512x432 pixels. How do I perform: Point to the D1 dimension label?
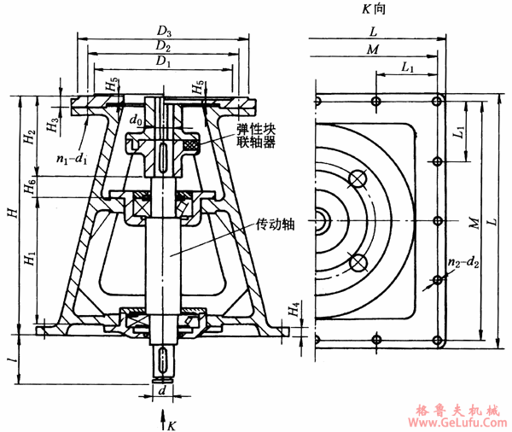point(162,62)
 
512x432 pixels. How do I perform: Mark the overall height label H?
point(10,211)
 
